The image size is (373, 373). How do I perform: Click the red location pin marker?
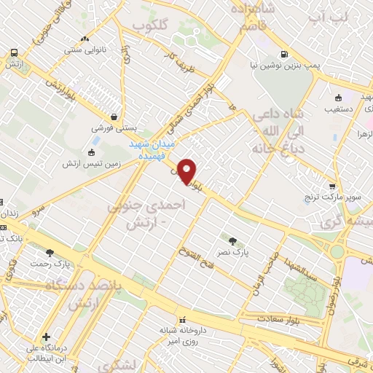pos(189,171)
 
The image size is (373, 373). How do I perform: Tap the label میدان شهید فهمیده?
pos(153,149)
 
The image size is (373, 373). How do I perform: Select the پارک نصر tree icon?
pos(232,241)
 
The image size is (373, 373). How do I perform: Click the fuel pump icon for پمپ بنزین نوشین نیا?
pos(283,53)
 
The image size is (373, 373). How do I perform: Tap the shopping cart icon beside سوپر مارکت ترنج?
pos(332,186)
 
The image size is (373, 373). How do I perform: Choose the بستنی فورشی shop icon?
pos(114,116)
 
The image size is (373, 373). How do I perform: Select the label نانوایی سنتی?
pos(85,50)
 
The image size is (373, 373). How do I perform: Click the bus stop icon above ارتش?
pos(14,52)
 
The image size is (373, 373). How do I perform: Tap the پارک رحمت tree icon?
pos(50,253)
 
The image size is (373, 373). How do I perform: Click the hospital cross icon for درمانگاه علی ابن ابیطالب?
pos(47,337)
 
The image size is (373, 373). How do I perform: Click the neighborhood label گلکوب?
pos(150,24)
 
